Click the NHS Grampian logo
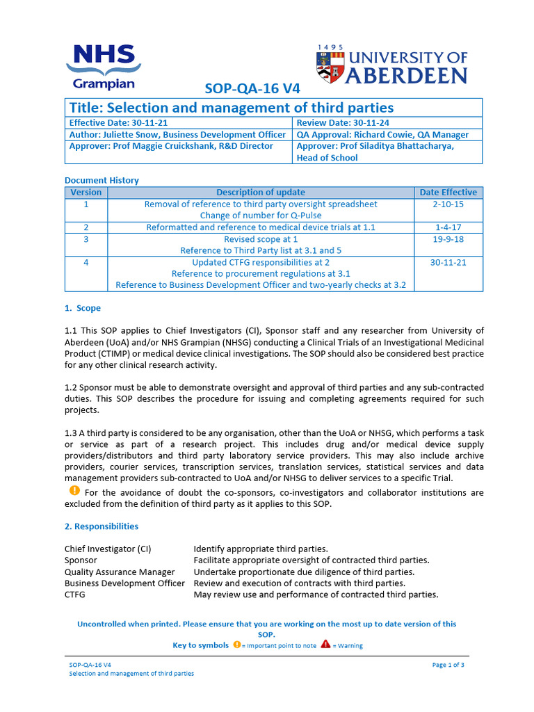[x=104, y=66]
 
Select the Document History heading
[x=102, y=180]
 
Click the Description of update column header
[x=260, y=193]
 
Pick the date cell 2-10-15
[x=448, y=204]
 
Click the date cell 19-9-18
[x=448, y=238]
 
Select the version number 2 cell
[x=86, y=227]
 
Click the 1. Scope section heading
[x=83, y=308]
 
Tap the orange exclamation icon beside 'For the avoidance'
[x=74, y=491]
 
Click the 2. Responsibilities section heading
[x=102, y=526]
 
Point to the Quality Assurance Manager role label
[x=120, y=572]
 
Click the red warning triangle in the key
[x=325, y=645]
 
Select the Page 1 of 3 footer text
[x=448, y=665]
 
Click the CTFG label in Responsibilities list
[x=76, y=594]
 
